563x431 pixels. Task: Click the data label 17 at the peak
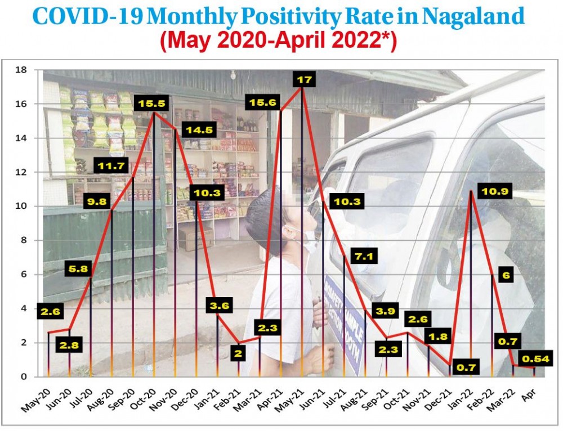(304, 80)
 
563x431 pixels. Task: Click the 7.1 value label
(364, 257)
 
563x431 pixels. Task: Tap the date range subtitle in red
(279, 41)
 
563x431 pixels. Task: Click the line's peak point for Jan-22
(471, 191)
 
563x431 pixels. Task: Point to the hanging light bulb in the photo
(233, 75)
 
